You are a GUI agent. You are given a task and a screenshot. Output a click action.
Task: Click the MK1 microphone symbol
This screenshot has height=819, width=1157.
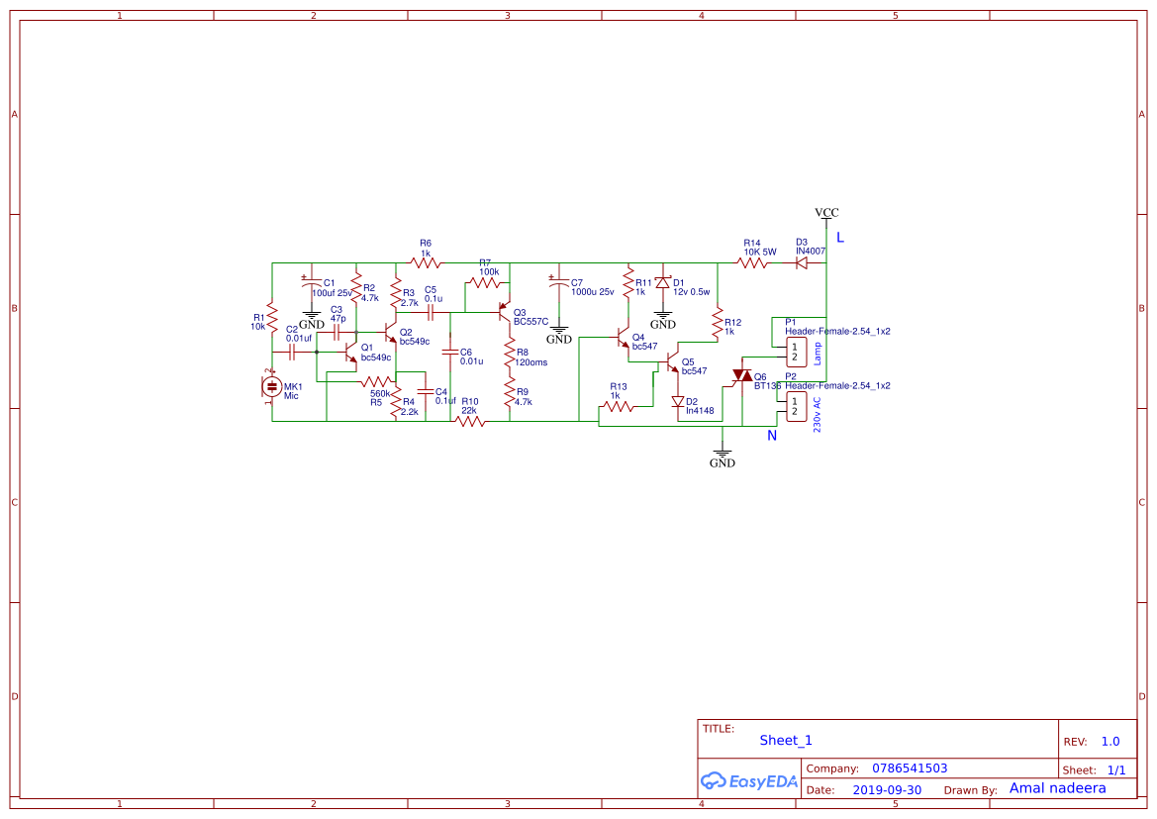click(x=271, y=387)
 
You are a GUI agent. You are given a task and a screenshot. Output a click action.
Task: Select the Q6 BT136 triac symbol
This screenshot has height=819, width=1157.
click(x=741, y=376)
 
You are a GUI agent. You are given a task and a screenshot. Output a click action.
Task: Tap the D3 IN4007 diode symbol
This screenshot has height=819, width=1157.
click(x=802, y=262)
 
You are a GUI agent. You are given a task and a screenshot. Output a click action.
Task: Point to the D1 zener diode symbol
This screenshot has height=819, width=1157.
click(x=663, y=284)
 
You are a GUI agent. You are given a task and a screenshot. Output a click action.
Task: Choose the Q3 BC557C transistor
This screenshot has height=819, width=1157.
click(x=505, y=312)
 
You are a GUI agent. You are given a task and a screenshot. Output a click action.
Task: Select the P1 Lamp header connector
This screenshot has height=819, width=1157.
click(x=794, y=352)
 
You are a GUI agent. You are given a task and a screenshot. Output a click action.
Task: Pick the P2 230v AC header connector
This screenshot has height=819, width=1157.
click(x=794, y=405)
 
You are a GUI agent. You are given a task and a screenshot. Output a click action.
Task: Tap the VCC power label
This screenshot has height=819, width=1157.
click(x=826, y=213)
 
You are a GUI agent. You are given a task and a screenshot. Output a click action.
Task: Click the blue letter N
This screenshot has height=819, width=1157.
click(x=772, y=435)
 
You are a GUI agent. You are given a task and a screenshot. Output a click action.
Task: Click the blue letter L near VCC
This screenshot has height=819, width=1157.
click(x=840, y=238)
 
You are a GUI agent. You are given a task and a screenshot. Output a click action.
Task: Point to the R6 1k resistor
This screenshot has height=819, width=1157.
click(x=426, y=262)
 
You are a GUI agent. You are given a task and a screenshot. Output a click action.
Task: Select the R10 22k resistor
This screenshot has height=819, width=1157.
click(x=469, y=421)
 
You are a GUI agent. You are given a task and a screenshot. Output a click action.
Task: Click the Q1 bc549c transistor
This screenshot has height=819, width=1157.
click(x=350, y=352)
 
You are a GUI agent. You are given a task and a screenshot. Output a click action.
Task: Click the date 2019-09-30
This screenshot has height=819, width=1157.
click(x=887, y=790)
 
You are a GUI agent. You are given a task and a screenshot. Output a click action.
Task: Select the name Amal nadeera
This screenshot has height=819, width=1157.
click(x=1057, y=788)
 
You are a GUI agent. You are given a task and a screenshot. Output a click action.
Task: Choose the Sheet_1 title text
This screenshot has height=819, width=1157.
click(x=786, y=740)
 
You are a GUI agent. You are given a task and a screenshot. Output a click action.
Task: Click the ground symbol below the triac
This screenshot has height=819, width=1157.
click(x=723, y=456)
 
